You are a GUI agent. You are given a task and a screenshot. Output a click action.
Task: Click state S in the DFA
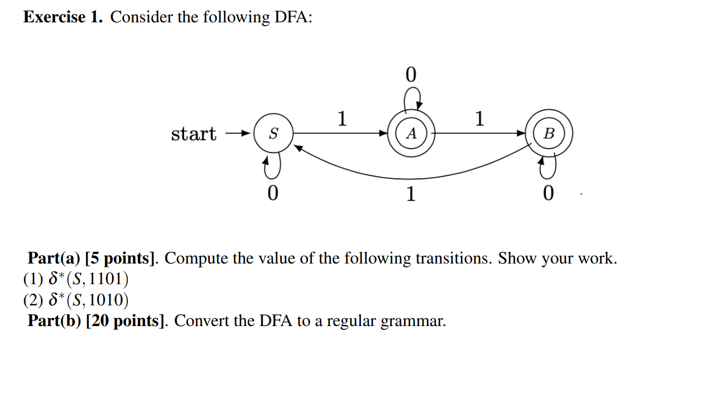[273, 134]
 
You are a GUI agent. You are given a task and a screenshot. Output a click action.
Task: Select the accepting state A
[411, 134]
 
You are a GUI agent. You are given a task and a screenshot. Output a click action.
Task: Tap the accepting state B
[549, 134]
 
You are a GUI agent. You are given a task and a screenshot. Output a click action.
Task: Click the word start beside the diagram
[193, 134]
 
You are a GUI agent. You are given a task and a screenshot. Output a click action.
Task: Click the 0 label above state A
[411, 75]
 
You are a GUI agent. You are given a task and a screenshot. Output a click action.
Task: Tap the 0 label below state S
[272, 193]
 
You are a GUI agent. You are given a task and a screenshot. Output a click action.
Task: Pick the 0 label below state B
[548, 194]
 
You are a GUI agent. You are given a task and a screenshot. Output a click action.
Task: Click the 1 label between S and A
[342, 118]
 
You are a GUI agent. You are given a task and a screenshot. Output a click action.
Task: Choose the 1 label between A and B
[479, 118]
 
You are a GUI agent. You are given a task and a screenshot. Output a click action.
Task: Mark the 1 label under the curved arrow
[411, 194]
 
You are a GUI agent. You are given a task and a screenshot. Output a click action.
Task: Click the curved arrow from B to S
[411, 178]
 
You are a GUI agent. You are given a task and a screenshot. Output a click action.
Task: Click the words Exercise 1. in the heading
[62, 17]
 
